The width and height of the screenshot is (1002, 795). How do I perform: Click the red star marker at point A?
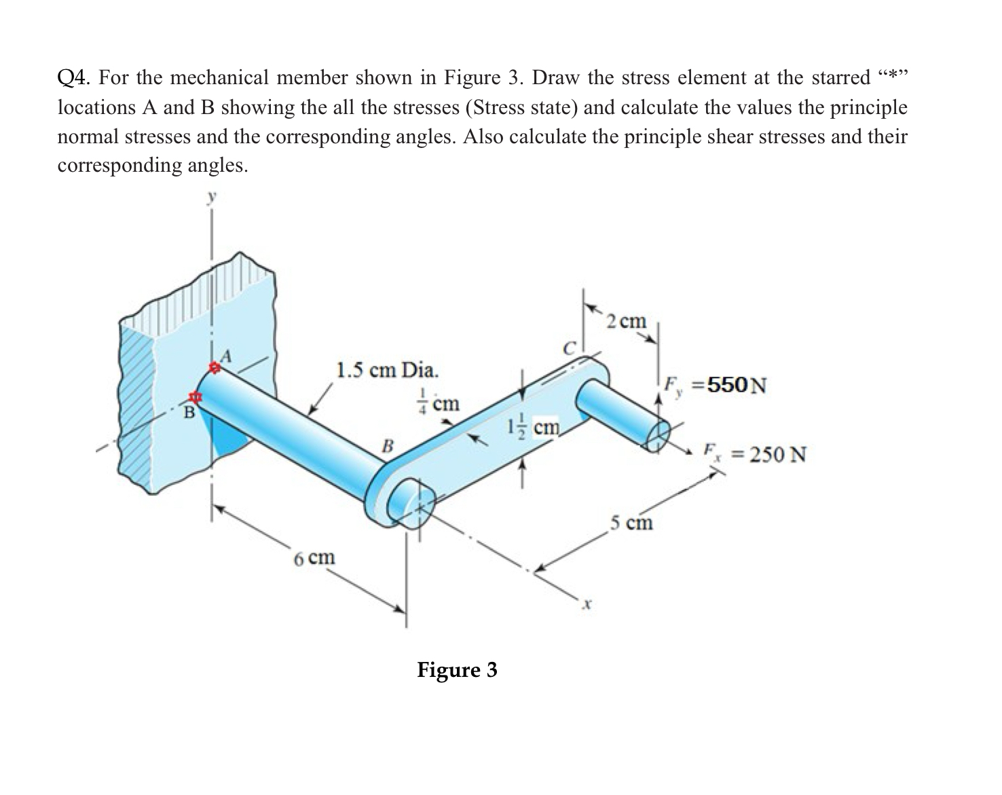pyautogui.click(x=215, y=368)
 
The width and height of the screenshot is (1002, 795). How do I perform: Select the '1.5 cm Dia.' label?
pyautogui.click(x=388, y=370)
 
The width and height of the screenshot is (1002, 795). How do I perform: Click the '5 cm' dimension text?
pyautogui.click(x=631, y=522)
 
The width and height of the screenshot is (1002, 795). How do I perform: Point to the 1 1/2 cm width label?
pyautogui.click(x=534, y=427)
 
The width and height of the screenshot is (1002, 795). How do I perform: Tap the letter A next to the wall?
pyautogui.click(x=227, y=354)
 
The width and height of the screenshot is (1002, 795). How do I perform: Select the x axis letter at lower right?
pyautogui.click(x=589, y=602)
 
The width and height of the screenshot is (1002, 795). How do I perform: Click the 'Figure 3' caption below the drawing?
pyautogui.click(x=457, y=670)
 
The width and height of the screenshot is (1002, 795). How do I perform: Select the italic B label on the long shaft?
pyautogui.click(x=388, y=446)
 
